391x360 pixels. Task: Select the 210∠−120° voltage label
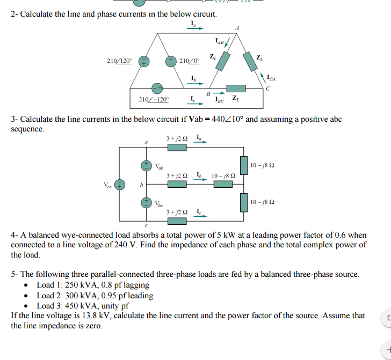[x=154, y=99]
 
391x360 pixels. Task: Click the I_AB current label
[x=220, y=40]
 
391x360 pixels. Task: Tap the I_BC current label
[x=220, y=100]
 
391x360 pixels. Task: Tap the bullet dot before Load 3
[x=27, y=306]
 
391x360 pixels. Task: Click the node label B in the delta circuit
[x=208, y=93]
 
